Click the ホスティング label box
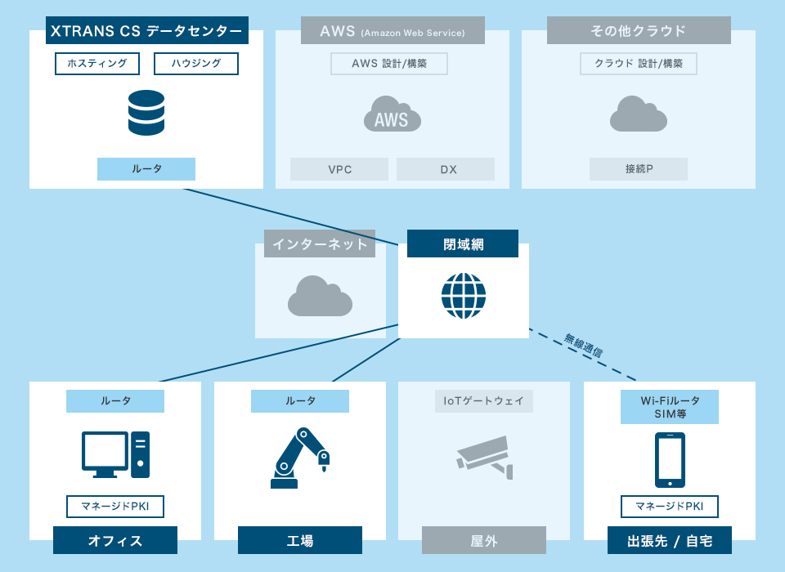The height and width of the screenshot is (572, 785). (x=97, y=63)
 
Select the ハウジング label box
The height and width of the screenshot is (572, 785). (x=196, y=63)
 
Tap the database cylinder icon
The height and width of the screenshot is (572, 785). (x=146, y=113)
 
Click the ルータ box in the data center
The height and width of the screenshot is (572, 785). (x=146, y=169)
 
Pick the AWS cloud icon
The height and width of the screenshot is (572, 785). (x=392, y=114)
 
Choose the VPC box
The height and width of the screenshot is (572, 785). (x=339, y=169)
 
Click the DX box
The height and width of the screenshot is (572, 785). (x=446, y=169)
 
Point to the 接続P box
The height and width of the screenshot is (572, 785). (x=639, y=169)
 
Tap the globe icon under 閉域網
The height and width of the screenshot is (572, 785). (x=464, y=296)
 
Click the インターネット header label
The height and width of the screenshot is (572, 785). (x=321, y=244)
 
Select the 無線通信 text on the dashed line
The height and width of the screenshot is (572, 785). (x=584, y=346)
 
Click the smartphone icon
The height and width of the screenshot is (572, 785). (x=670, y=460)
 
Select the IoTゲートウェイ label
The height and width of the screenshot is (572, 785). (x=484, y=401)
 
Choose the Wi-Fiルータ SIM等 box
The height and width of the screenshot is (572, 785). (x=670, y=407)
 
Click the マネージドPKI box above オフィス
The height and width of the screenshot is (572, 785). (x=115, y=506)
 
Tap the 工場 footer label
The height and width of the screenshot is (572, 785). (x=300, y=540)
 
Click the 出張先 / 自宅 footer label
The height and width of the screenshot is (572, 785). (x=670, y=540)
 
